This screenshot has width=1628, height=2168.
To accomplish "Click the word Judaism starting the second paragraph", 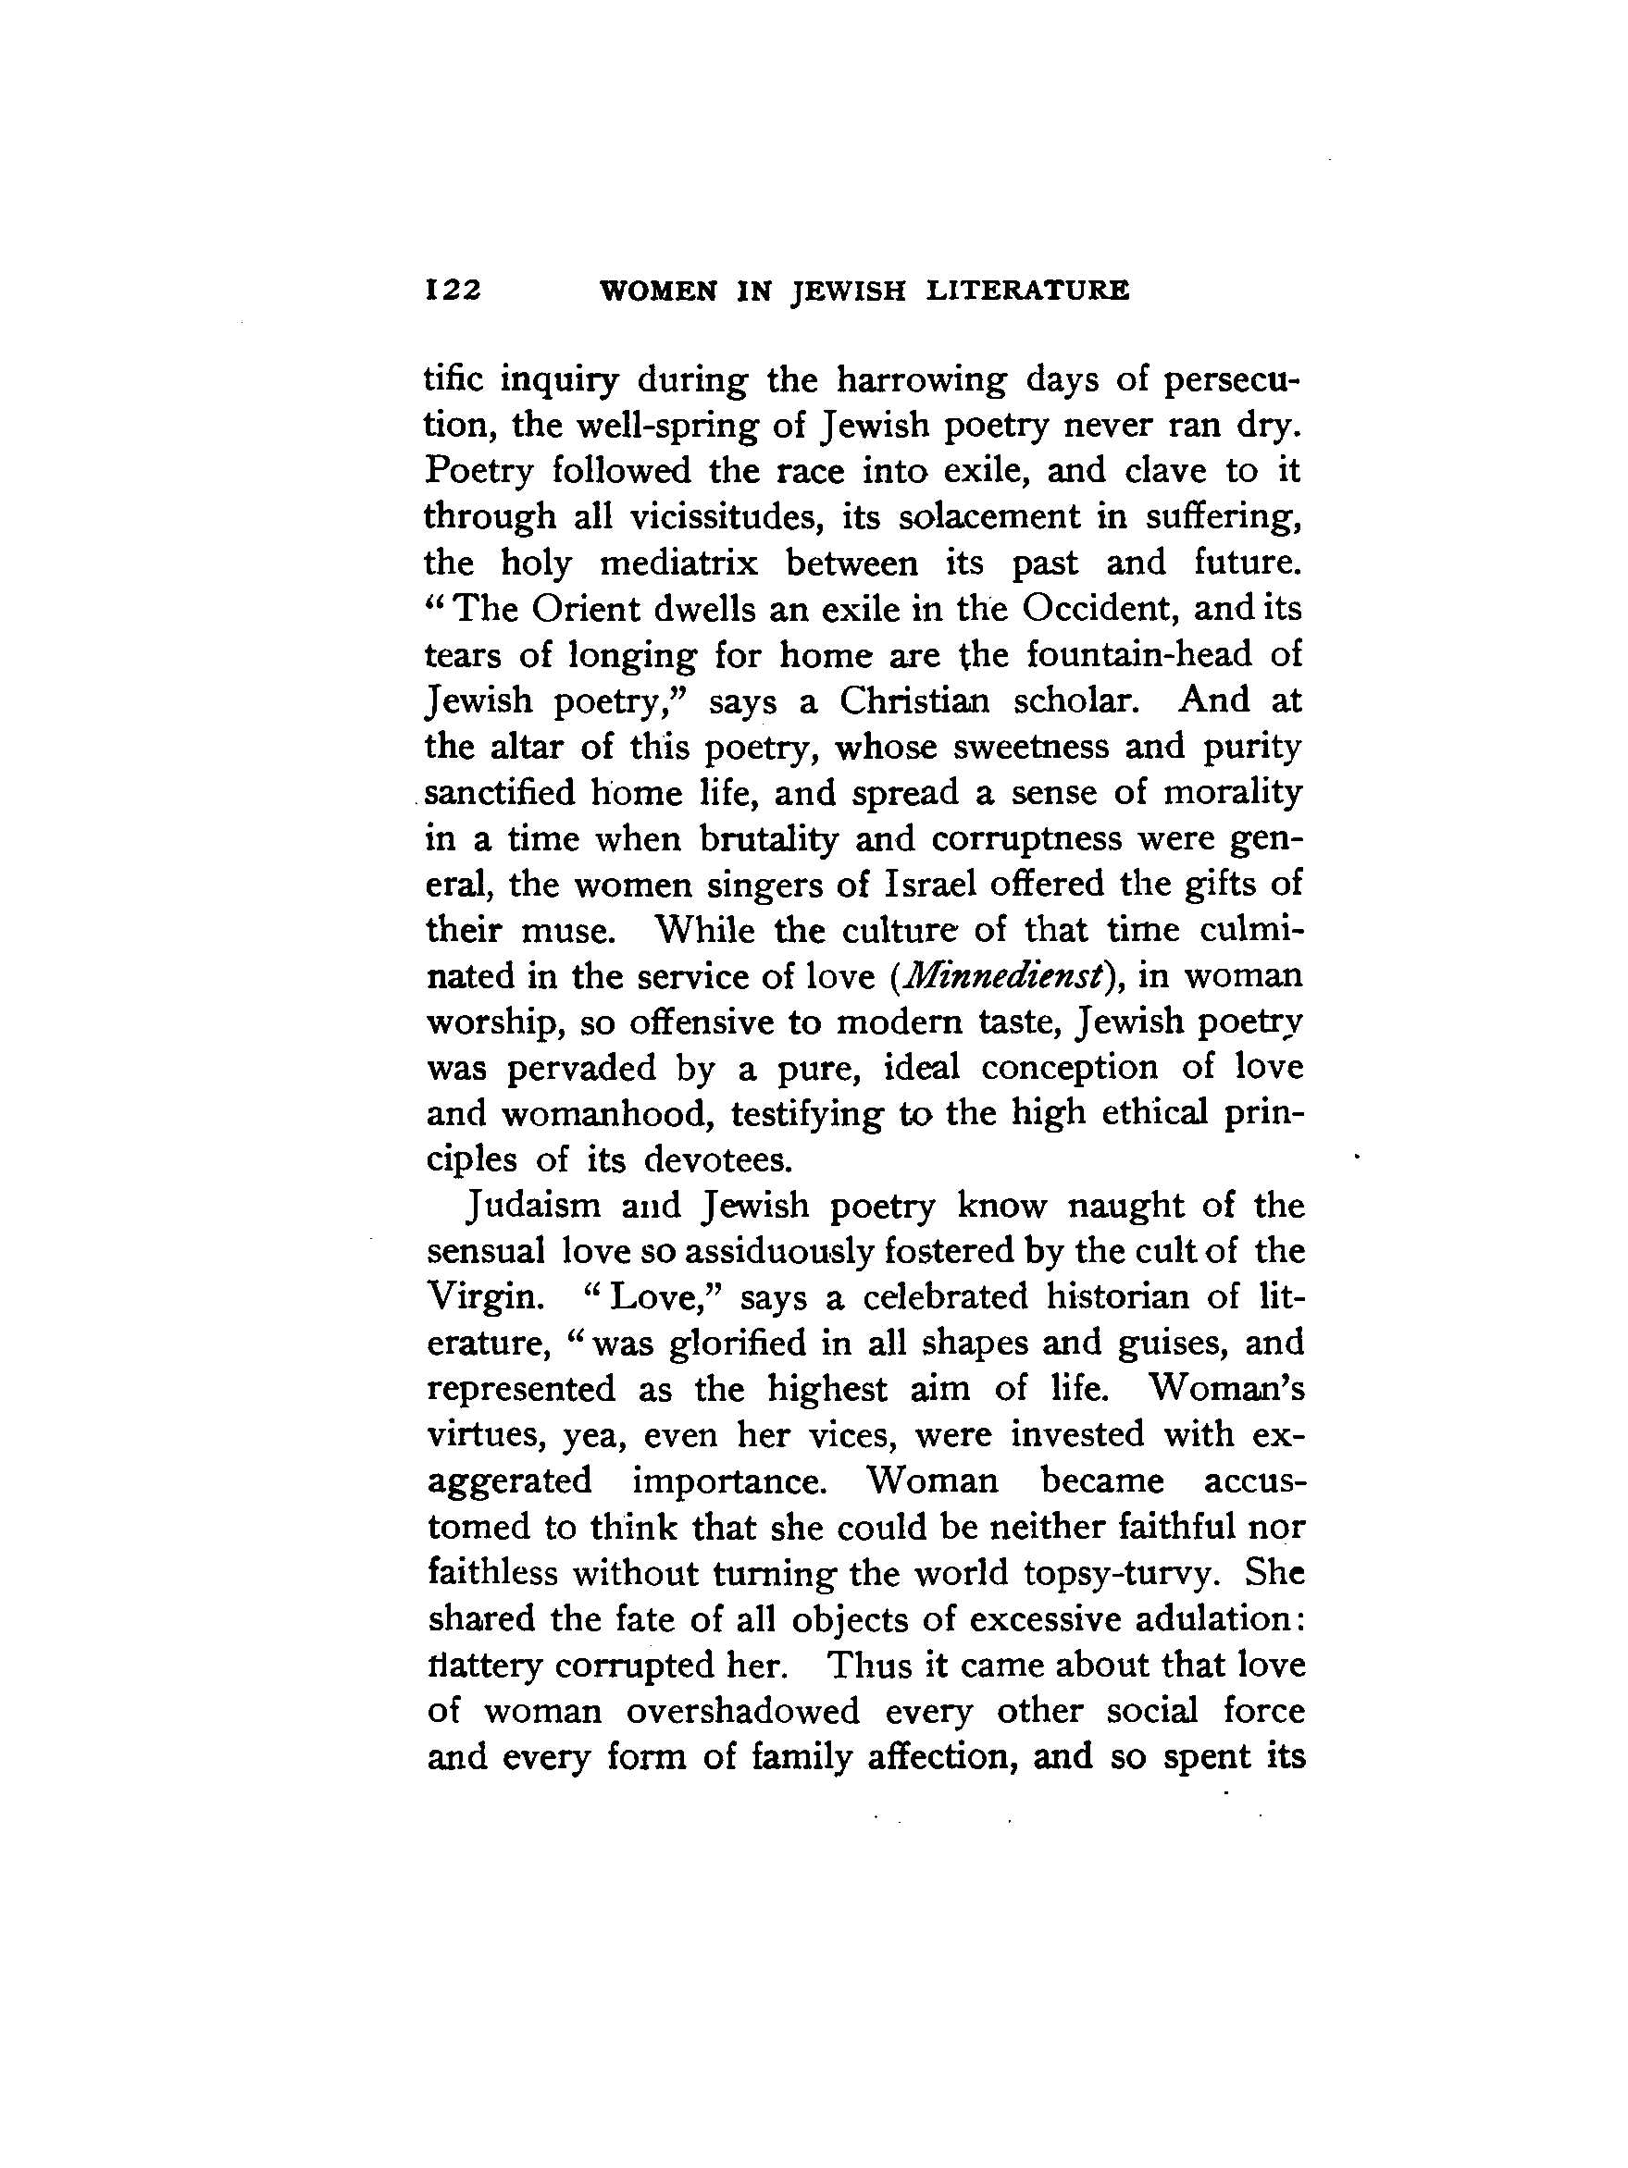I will point(534,1206).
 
